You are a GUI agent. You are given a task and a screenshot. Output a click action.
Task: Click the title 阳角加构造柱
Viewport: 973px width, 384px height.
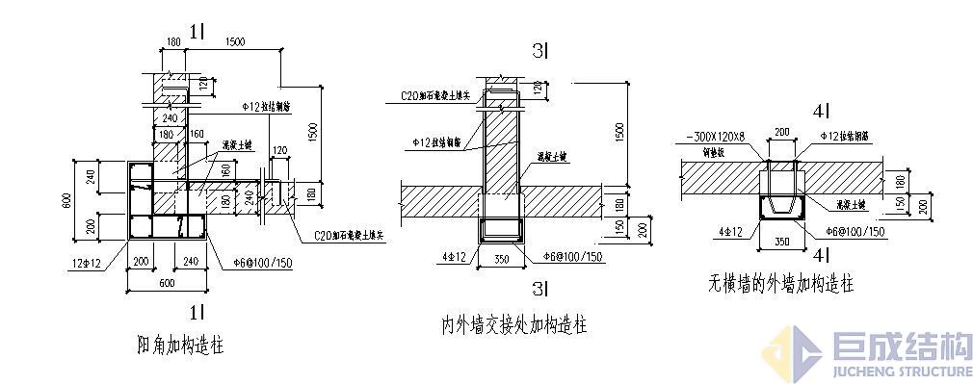pyautogui.click(x=182, y=345)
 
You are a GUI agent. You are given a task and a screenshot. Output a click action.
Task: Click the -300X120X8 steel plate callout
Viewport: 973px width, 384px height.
pyautogui.click(x=713, y=136)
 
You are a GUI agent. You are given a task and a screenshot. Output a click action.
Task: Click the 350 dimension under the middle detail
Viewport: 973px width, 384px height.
pyautogui.click(x=501, y=259)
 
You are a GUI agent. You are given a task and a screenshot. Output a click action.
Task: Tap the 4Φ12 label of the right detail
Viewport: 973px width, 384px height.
pyautogui.click(x=729, y=231)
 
